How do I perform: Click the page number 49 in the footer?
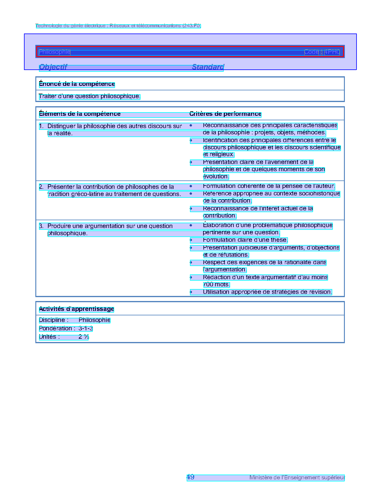click(x=191, y=477)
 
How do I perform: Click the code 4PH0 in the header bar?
click(x=332, y=52)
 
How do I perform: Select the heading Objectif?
click(x=53, y=67)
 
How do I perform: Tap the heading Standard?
click(x=208, y=67)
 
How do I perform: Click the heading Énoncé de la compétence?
click(x=77, y=84)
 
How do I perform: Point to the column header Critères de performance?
click(x=225, y=114)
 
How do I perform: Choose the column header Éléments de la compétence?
click(x=80, y=114)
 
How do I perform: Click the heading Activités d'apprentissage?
click(x=76, y=309)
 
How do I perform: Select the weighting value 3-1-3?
click(x=86, y=329)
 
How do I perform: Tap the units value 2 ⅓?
click(x=84, y=337)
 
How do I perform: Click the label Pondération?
click(x=57, y=329)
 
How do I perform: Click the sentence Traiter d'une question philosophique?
click(x=90, y=96)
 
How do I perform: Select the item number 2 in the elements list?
click(x=41, y=187)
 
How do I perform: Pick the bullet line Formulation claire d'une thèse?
click(x=245, y=240)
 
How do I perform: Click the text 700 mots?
click(x=216, y=285)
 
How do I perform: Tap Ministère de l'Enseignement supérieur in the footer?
click(x=297, y=478)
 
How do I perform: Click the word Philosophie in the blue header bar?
click(x=55, y=52)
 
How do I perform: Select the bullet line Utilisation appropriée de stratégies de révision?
click(x=267, y=292)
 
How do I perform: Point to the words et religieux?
click(x=218, y=154)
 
